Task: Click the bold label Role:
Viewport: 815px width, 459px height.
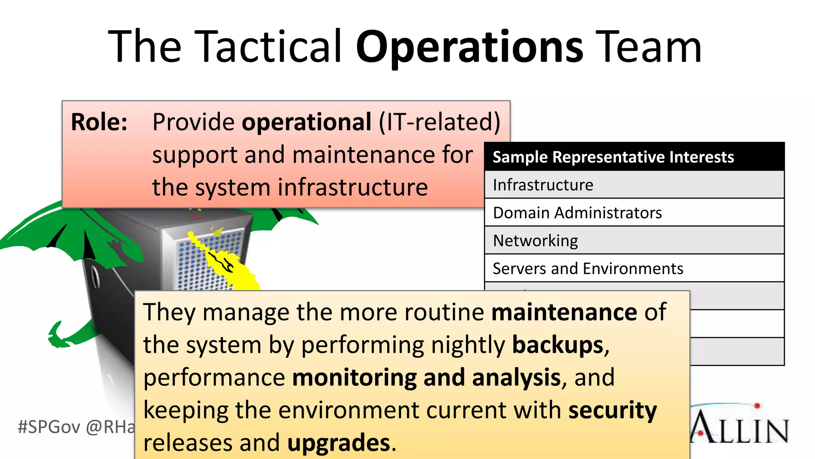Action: click(x=99, y=122)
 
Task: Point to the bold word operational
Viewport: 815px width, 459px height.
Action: click(x=306, y=123)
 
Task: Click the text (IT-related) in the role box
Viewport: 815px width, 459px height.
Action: click(x=439, y=122)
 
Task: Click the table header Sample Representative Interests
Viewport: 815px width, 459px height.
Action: click(x=613, y=157)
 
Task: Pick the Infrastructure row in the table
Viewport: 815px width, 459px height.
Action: click(x=543, y=185)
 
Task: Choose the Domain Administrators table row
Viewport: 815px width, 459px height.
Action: click(x=577, y=213)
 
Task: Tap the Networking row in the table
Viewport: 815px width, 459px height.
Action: click(x=535, y=241)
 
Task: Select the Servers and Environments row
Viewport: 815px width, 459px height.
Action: click(x=588, y=269)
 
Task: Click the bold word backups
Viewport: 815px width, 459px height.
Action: click(x=558, y=345)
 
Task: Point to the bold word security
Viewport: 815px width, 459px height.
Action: click(x=612, y=410)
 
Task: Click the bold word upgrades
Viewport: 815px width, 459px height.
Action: click(x=339, y=443)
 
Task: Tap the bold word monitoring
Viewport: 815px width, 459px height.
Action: click(x=354, y=378)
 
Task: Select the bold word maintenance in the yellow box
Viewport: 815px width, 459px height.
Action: click(x=564, y=312)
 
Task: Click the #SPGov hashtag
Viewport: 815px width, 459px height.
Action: click(x=49, y=427)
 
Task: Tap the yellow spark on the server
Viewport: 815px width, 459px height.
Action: click(x=227, y=263)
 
